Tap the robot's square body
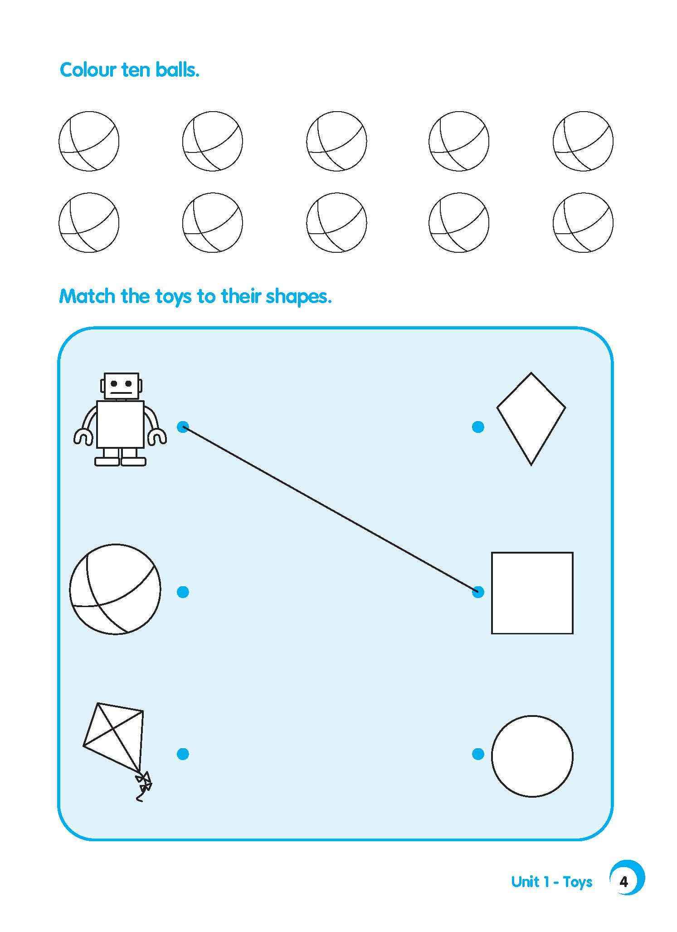click(x=120, y=424)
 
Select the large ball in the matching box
click(x=115, y=589)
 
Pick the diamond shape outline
click(x=531, y=418)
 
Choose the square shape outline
click(x=532, y=593)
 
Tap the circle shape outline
click(x=532, y=756)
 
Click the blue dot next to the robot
click(x=183, y=427)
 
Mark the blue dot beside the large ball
click(x=183, y=592)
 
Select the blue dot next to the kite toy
click(x=183, y=754)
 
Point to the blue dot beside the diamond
click(x=478, y=427)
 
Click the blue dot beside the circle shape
click(x=478, y=754)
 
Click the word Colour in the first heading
click(x=88, y=70)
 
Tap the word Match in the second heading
click(x=87, y=296)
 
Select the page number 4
click(x=624, y=882)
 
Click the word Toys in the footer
click(x=578, y=882)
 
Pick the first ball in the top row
click(x=89, y=141)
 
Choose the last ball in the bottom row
click(x=583, y=222)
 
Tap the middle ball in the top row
click(x=336, y=141)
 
